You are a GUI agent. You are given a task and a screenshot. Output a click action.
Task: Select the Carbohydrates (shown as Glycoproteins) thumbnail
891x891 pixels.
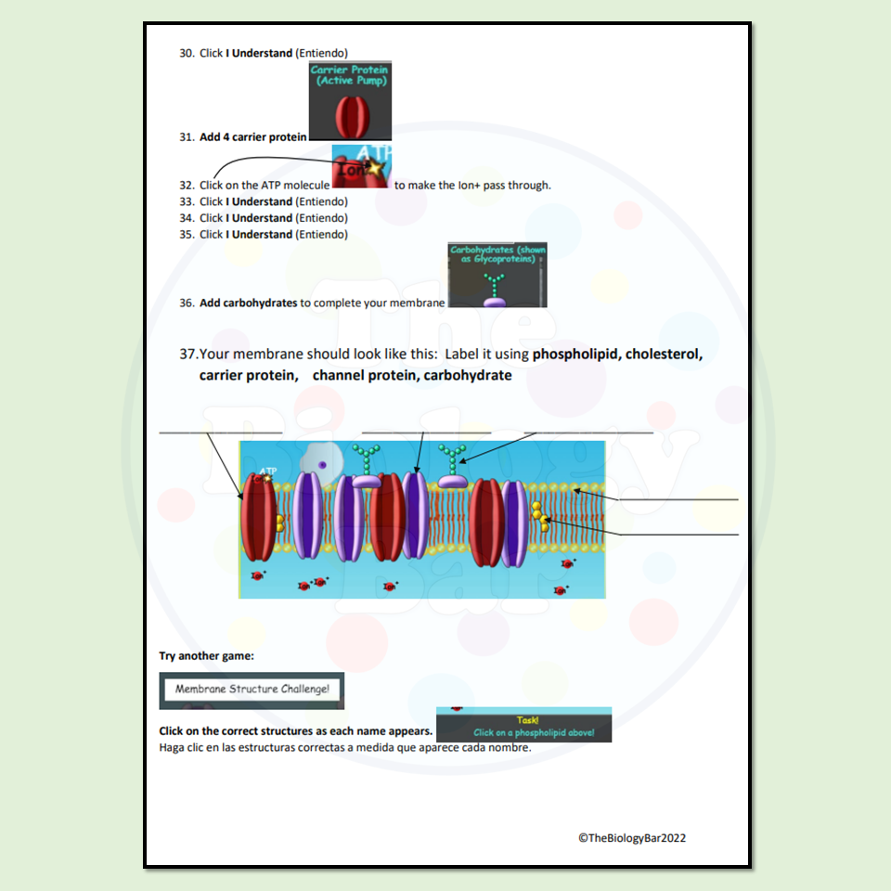tap(497, 275)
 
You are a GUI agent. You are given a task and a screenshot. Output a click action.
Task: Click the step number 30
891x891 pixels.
tap(186, 53)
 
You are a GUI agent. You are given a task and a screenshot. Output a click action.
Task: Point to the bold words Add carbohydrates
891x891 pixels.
tap(248, 303)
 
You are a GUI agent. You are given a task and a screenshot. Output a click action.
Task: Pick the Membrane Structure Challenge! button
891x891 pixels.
tap(252, 691)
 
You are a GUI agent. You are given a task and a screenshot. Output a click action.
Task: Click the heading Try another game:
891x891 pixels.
tap(206, 656)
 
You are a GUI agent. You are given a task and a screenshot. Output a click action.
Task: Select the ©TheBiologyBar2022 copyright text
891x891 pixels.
tap(632, 838)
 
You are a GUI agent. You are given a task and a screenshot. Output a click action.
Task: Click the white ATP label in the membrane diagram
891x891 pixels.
tap(268, 471)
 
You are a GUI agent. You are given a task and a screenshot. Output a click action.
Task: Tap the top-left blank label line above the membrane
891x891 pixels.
tap(220, 432)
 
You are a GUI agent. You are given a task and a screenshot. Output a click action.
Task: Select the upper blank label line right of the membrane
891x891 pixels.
tap(678, 499)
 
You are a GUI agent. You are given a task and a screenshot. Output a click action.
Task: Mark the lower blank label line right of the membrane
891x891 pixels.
tap(678, 535)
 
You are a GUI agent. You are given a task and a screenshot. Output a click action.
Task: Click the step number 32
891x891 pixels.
tap(186, 186)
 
